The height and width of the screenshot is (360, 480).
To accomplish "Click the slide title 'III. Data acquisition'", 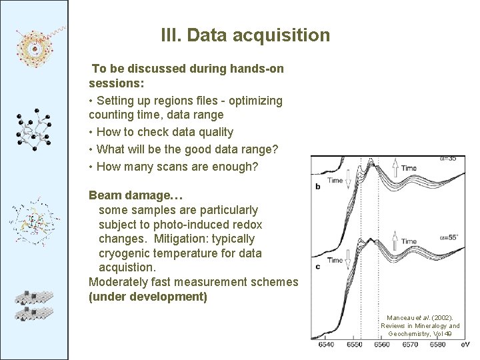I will (245, 35).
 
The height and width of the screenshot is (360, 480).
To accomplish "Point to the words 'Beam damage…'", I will (136, 195).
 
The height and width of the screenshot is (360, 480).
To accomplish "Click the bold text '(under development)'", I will (147, 297).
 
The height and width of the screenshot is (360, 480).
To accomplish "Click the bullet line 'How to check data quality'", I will (165, 132).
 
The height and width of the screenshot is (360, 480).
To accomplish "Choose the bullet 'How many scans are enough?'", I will (177, 167).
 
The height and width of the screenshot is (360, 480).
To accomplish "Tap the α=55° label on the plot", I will (448, 237).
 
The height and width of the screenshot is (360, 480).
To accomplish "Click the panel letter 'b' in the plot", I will (318, 187).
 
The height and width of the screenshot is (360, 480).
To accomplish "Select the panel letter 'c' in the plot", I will (318, 267).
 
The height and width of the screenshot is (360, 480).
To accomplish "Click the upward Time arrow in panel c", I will (394, 237).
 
